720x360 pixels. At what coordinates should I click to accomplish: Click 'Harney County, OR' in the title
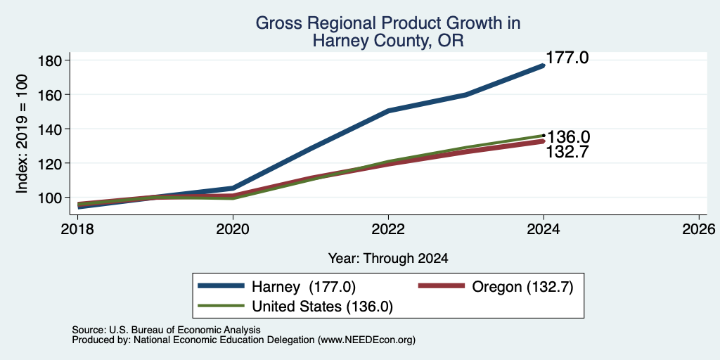click(x=388, y=41)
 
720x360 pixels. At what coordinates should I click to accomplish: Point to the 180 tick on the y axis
click(x=50, y=60)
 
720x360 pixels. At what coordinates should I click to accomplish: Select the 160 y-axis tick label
click(x=50, y=95)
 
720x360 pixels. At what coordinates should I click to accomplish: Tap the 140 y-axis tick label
click(x=50, y=129)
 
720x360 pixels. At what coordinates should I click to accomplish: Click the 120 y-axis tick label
click(x=50, y=163)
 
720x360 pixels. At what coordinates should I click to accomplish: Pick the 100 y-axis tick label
click(x=50, y=198)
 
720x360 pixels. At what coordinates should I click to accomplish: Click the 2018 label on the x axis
click(x=77, y=229)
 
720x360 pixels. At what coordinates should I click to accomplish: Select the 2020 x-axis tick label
click(x=233, y=229)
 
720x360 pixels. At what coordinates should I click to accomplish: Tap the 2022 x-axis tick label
click(x=388, y=229)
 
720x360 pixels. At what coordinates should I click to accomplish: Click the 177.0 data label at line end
click(x=567, y=58)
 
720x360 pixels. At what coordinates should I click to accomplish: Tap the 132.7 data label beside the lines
click(x=567, y=152)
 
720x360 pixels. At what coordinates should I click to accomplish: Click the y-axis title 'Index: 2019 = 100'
click(x=22, y=134)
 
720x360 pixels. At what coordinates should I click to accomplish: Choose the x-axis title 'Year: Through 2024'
click(x=388, y=259)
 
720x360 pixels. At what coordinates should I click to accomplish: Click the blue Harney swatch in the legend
click(x=221, y=286)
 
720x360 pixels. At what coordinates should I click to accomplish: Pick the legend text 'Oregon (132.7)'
click(x=522, y=287)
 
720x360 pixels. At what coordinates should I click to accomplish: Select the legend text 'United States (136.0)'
click(x=322, y=307)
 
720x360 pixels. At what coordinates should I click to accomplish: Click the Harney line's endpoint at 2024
click(x=544, y=65)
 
